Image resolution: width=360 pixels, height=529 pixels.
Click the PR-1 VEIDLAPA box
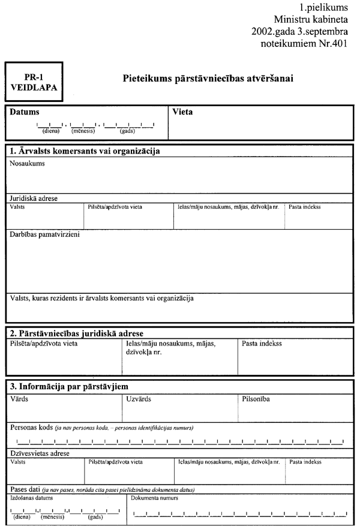click(34, 82)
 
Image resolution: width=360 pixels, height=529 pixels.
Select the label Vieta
click(182, 112)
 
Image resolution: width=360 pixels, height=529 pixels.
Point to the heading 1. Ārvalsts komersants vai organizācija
click(84, 151)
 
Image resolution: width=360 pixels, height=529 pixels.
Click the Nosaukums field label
click(27, 163)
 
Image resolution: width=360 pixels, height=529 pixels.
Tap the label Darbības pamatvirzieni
click(45, 235)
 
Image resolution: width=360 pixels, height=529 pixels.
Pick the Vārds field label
click(19, 398)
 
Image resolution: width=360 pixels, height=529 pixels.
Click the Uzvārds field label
click(139, 398)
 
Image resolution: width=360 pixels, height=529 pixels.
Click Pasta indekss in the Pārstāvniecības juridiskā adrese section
click(262, 344)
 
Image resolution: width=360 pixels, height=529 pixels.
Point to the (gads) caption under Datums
click(127, 130)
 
